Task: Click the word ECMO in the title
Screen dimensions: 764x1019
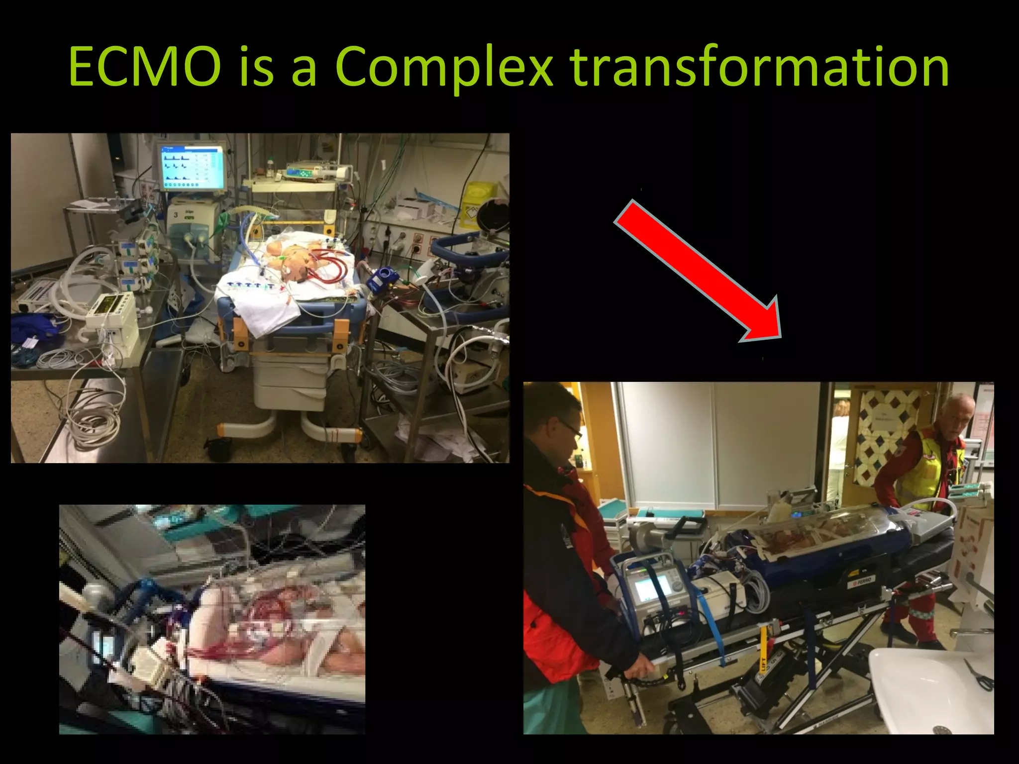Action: click(144, 67)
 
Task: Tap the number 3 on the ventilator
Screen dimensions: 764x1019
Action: click(176, 215)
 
